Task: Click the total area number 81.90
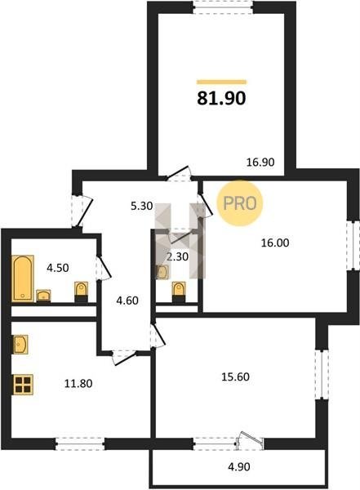[x=221, y=98]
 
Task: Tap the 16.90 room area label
[x=260, y=163]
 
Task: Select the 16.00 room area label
[x=275, y=243]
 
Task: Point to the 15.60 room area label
[x=235, y=376]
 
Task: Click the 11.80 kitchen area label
[x=78, y=384]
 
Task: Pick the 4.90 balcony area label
[x=239, y=467]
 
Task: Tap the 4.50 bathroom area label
[x=58, y=268]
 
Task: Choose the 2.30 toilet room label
[x=177, y=257]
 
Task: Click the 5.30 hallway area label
[x=141, y=207]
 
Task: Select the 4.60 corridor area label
[x=127, y=301]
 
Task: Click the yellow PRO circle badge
[x=240, y=203]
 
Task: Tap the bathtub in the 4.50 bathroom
[x=23, y=278]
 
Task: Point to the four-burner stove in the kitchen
[x=23, y=385]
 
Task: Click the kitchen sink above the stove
[x=20, y=345]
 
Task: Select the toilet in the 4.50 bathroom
[x=82, y=292]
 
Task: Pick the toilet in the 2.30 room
[x=179, y=292]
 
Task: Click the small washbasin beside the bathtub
[x=43, y=296]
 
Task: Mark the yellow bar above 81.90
[x=221, y=82]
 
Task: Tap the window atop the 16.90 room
[x=223, y=7]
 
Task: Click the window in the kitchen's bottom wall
[x=80, y=444]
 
